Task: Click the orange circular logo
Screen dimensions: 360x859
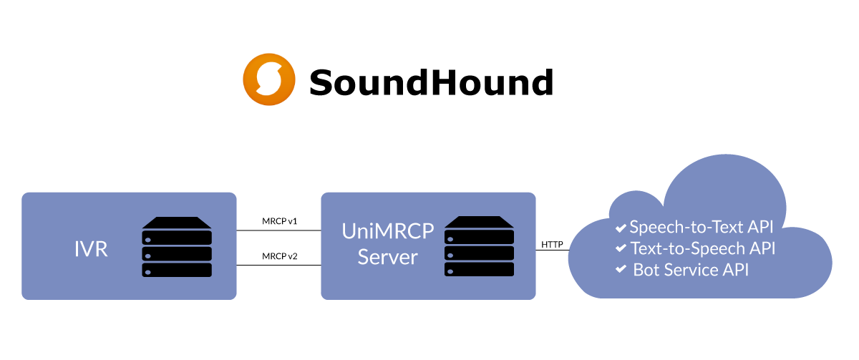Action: coord(269,79)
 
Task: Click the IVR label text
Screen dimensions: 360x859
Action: coord(91,250)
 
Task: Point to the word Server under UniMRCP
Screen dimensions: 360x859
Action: coord(387,257)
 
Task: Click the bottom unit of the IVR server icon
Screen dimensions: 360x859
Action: coord(177,270)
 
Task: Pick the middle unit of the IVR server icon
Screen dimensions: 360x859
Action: coord(177,253)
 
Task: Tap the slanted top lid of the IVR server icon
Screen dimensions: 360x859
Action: coord(177,222)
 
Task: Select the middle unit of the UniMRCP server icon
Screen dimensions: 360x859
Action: coord(479,253)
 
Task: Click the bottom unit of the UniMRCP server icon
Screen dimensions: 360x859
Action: coord(479,270)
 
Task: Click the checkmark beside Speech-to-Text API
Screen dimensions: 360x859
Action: coord(621,228)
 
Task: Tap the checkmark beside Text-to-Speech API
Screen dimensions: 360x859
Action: coord(621,249)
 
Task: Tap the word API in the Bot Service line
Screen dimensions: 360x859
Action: coord(737,270)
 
